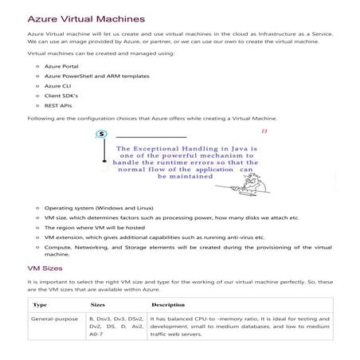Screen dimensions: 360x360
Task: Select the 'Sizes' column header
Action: point(98,304)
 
